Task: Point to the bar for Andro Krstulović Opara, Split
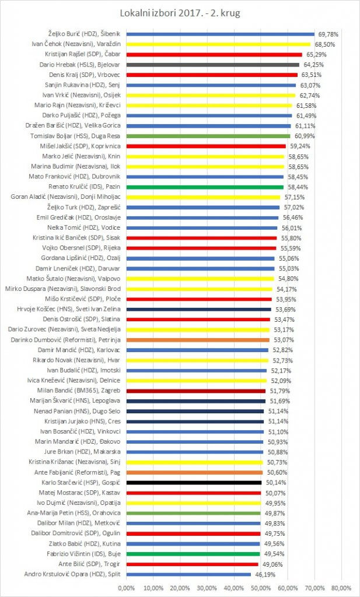click(x=187, y=574)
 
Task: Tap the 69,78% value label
click(x=328, y=34)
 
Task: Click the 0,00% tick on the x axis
click(x=126, y=588)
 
